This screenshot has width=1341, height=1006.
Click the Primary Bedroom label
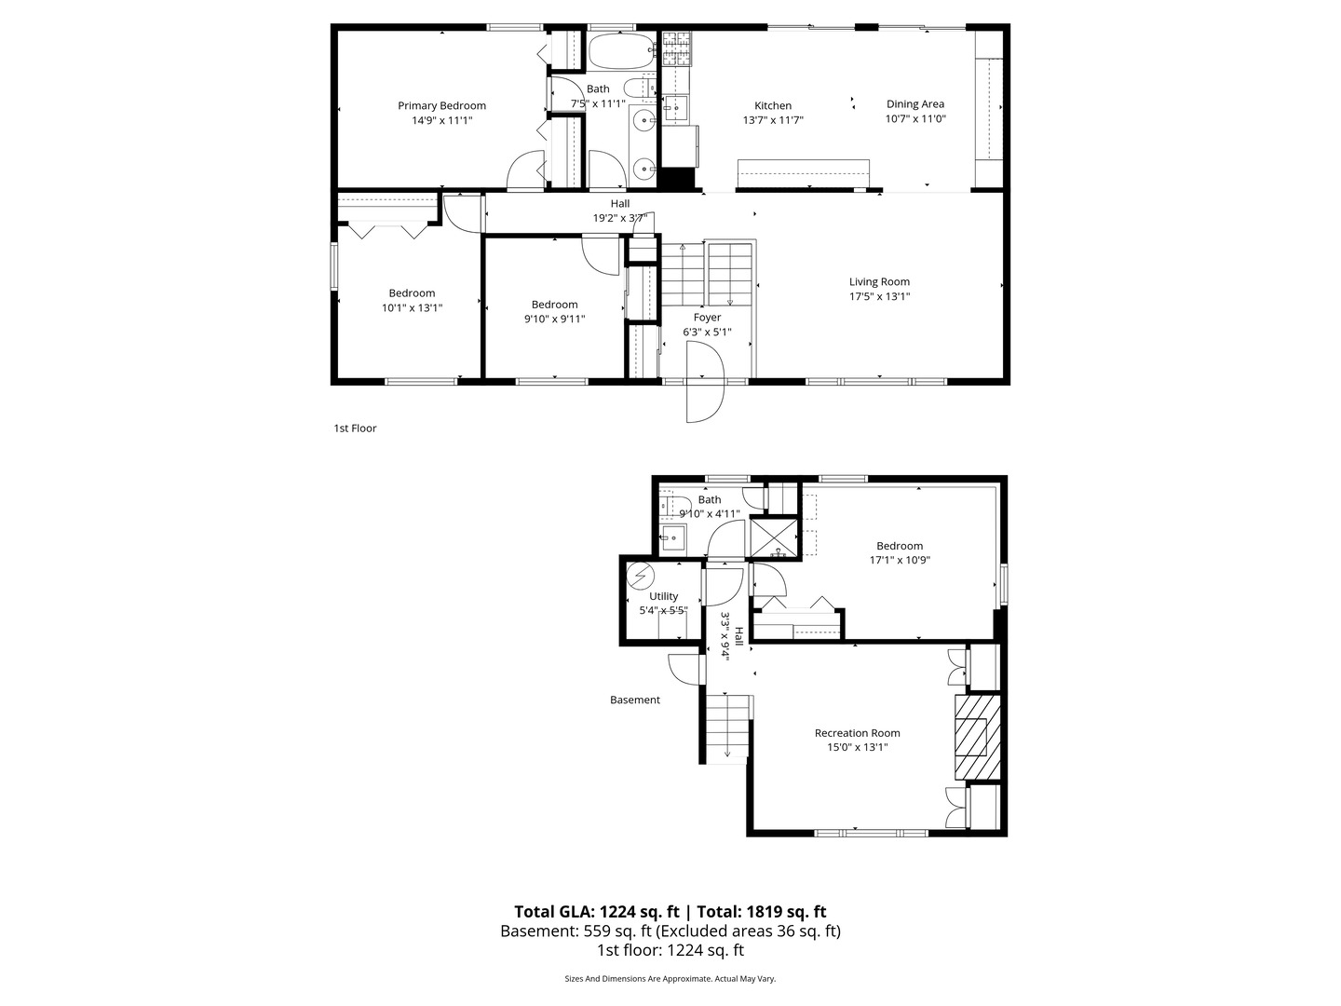(x=441, y=105)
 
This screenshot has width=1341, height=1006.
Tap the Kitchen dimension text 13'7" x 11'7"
(x=773, y=120)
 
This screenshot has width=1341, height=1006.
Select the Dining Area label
(x=914, y=104)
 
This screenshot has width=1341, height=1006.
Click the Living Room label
(x=879, y=281)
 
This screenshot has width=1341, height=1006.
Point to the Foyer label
(x=707, y=318)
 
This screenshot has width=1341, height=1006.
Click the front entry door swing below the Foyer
(x=705, y=382)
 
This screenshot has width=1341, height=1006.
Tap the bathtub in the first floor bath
(x=622, y=52)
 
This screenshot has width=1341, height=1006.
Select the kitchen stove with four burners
(x=677, y=49)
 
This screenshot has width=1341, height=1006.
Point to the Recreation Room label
(x=857, y=732)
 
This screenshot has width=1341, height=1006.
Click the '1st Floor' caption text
(x=355, y=428)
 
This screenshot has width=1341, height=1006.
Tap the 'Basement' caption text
(x=635, y=700)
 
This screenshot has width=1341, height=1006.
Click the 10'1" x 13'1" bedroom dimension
(x=412, y=307)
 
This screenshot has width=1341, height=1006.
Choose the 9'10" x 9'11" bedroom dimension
(x=554, y=319)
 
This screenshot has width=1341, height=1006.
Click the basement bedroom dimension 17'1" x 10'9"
(x=900, y=560)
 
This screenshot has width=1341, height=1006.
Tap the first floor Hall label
(x=620, y=203)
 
